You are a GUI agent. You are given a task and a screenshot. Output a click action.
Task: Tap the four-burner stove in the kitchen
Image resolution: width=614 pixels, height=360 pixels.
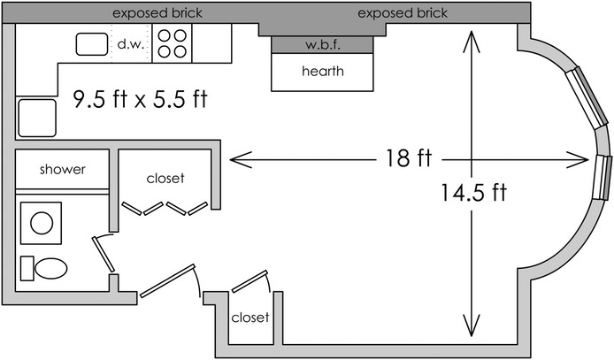pyautogui.click(x=173, y=43)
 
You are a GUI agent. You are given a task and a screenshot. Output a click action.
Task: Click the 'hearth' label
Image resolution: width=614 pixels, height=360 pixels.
pyautogui.click(x=322, y=72)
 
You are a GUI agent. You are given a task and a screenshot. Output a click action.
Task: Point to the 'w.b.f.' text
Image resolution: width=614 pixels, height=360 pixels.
pyautogui.click(x=322, y=44)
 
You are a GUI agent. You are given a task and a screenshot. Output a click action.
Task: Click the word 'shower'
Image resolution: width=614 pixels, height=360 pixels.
pyautogui.click(x=63, y=169)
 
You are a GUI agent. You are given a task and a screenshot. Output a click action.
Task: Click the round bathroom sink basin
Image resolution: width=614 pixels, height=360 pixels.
pyautogui.click(x=42, y=222)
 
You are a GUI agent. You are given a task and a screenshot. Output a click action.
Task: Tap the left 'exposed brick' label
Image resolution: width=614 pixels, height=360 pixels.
pyautogui.click(x=157, y=13)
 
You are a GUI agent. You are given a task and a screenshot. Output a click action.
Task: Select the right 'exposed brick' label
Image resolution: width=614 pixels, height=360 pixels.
pyautogui.click(x=403, y=13)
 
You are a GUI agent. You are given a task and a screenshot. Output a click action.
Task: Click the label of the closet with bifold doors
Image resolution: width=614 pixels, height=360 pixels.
pyautogui.click(x=165, y=178)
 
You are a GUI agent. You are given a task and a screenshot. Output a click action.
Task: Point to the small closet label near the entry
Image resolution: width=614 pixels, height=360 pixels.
pyautogui.click(x=249, y=317)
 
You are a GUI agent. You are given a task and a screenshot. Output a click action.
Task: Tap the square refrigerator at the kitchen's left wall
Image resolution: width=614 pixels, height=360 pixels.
pyautogui.click(x=36, y=117)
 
